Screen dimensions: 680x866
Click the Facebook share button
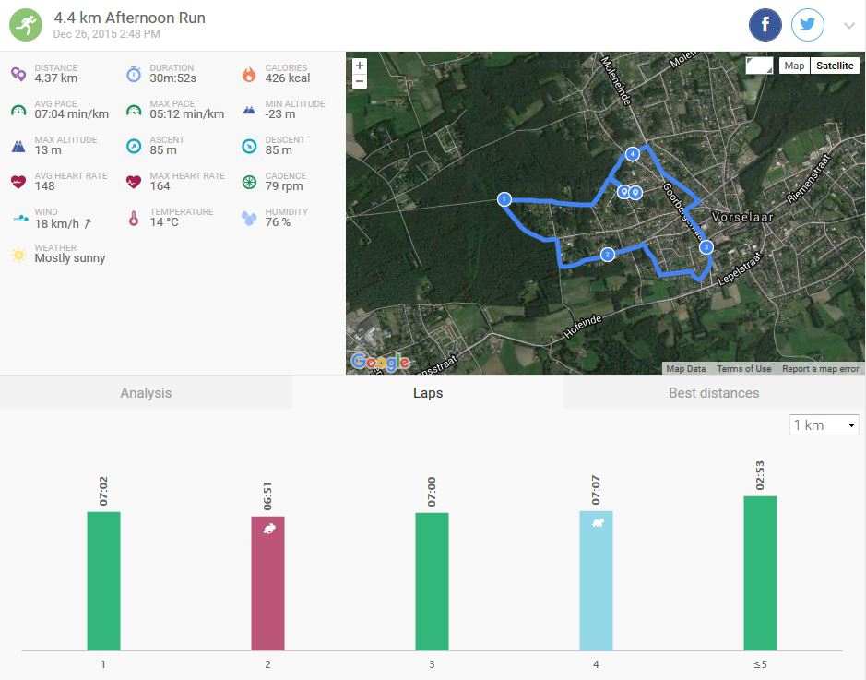pos(765,25)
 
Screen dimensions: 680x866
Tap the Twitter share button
pos(808,25)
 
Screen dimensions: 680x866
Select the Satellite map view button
pos(835,66)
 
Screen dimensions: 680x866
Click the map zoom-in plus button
pos(360,66)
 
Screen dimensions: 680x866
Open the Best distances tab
pos(714,393)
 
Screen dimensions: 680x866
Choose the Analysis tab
pos(146,393)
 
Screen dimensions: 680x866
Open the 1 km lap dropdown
pos(824,425)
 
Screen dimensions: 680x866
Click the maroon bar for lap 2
pos(267,583)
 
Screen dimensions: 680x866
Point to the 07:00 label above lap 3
pos(432,492)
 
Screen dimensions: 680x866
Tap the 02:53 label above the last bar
pos(760,475)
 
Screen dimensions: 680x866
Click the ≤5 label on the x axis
pos(760,664)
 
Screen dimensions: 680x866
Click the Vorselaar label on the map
pos(742,217)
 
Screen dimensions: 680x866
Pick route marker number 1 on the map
pos(504,199)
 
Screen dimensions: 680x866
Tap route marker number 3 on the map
pos(706,247)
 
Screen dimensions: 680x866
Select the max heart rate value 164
pos(160,186)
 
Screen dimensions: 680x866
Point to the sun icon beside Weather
pos(18,255)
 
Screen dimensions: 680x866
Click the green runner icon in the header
pos(26,25)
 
